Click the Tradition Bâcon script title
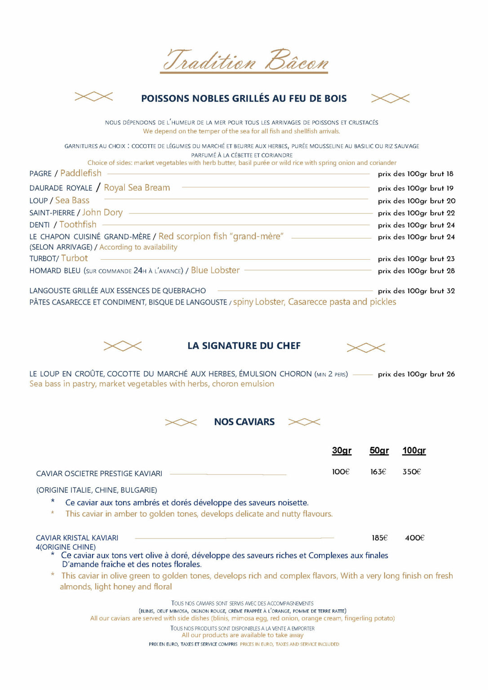[245, 61]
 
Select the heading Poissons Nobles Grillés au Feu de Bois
[244, 98]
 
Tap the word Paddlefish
[81, 173]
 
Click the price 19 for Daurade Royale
[450, 188]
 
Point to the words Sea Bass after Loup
[72, 200]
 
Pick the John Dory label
[102, 212]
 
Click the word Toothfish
[78, 225]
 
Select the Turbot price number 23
[451, 259]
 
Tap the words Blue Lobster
[215, 270]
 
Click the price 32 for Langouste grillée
[451, 291]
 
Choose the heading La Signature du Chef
[244, 346]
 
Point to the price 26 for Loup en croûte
[451, 374]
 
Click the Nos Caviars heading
[244, 422]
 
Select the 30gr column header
[342, 451]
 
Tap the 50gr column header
[379, 451]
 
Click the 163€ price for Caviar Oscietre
[378, 472]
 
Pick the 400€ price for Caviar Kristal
[414, 538]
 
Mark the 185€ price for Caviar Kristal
[379, 538]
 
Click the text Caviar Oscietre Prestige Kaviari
[99, 473]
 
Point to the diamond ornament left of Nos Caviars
[181, 422]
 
